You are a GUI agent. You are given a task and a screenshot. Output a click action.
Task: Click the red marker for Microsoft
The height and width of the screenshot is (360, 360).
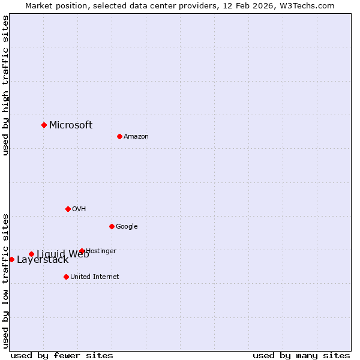(x=44, y=125)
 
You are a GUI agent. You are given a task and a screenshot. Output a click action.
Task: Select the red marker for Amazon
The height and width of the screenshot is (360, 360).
(x=119, y=136)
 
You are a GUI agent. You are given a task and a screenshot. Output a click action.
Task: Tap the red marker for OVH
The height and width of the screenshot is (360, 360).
(x=68, y=209)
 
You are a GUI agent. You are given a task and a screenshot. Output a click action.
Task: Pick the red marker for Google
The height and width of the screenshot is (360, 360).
(x=112, y=226)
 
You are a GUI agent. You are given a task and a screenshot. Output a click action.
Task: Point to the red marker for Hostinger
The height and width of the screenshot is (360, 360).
(x=82, y=251)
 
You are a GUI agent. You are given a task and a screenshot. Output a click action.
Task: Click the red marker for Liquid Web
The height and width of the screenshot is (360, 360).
(x=31, y=254)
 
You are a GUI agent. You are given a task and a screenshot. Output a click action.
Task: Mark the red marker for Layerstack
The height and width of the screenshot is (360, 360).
(x=11, y=259)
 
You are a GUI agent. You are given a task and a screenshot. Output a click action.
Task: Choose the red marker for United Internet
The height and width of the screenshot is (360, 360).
(x=66, y=277)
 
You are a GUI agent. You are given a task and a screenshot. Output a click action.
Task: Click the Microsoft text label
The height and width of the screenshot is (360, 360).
(x=71, y=125)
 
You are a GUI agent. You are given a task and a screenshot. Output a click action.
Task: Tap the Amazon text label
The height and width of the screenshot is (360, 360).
(x=136, y=137)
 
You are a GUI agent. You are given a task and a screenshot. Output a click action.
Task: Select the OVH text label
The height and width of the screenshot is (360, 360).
(x=79, y=209)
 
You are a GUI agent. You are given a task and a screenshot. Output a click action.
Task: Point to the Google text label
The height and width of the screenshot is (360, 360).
(x=127, y=227)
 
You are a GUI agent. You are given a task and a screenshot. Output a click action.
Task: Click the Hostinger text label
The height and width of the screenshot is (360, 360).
(x=101, y=251)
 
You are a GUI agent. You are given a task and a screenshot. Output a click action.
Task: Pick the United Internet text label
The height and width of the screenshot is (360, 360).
(x=95, y=277)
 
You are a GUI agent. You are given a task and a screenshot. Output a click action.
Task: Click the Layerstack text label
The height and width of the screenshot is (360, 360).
(x=43, y=260)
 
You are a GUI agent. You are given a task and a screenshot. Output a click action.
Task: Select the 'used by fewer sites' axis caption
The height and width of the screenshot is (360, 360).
(x=62, y=356)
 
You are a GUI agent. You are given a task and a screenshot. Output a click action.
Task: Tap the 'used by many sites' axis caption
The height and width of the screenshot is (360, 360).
(x=301, y=356)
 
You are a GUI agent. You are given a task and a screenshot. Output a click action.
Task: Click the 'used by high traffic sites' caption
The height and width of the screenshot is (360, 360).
(x=5, y=85)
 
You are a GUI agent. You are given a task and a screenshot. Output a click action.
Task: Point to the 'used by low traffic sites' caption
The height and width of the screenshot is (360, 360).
(x=5, y=281)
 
